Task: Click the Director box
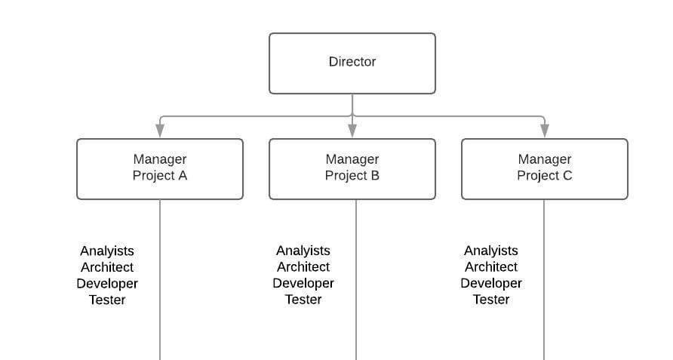tap(352, 63)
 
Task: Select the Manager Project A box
tap(160, 168)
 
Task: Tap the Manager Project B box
tap(352, 168)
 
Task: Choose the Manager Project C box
tap(544, 168)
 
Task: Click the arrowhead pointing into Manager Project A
tap(160, 131)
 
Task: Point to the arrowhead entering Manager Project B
tap(352, 131)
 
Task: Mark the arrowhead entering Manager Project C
tap(544, 131)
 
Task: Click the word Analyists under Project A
tap(107, 251)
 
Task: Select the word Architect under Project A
tap(107, 267)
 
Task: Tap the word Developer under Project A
tap(107, 284)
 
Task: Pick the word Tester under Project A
tap(107, 300)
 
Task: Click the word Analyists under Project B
tap(303, 251)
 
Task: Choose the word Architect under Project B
tap(303, 267)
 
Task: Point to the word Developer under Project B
tap(303, 284)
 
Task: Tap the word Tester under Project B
tap(303, 300)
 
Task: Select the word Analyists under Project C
tap(491, 251)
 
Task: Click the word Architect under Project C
tap(491, 267)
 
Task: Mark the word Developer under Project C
tap(491, 284)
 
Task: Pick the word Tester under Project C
tap(491, 300)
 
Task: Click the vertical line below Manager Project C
tap(544, 332)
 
